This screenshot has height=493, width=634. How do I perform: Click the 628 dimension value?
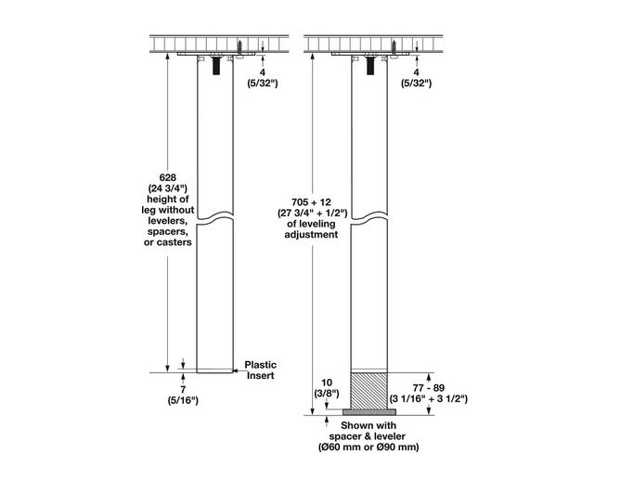[168, 175]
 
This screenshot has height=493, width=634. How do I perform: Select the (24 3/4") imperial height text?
[168, 188]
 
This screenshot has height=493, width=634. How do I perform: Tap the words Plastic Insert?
[260, 370]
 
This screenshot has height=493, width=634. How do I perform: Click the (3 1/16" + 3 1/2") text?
[428, 397]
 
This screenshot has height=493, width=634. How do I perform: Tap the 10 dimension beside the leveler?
[325, 382]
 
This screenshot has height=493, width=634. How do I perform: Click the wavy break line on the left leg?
[216, 220]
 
